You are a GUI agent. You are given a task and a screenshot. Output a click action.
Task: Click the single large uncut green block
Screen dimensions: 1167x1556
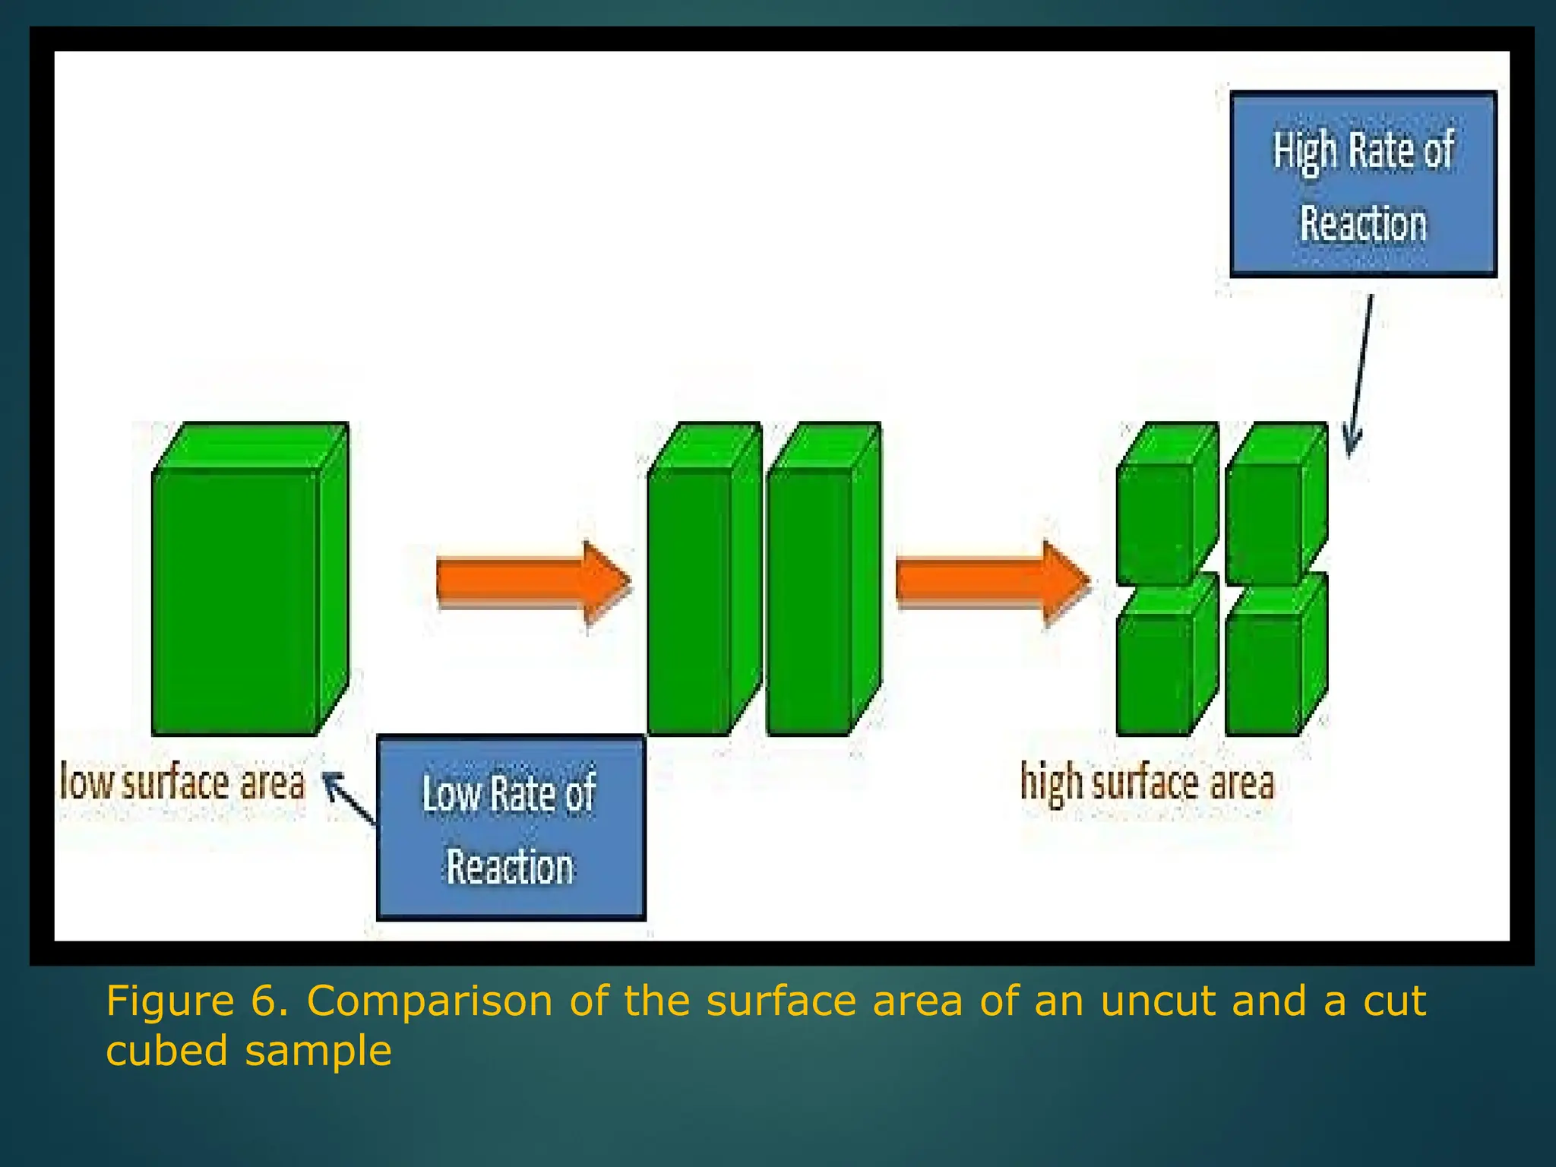236,600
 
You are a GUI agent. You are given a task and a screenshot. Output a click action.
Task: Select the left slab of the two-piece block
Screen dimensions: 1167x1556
690,600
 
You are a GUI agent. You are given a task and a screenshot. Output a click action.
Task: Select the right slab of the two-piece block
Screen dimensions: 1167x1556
809,600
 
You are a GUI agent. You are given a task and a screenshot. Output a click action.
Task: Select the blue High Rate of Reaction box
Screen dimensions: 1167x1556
1363,184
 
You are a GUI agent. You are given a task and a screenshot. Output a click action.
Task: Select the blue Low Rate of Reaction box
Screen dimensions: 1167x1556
511,828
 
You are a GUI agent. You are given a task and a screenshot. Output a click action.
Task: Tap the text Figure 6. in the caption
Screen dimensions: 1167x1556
197,1001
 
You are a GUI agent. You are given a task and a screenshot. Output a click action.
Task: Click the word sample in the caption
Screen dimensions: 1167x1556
318,1051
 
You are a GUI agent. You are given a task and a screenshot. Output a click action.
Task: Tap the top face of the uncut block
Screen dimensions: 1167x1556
251,445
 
